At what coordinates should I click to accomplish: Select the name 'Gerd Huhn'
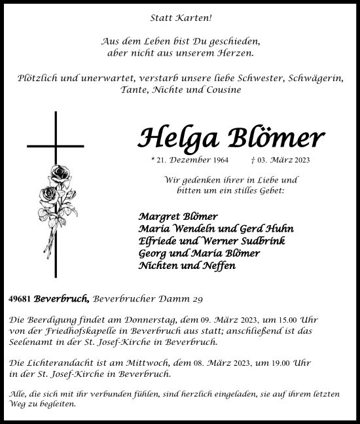coord(271,228)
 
